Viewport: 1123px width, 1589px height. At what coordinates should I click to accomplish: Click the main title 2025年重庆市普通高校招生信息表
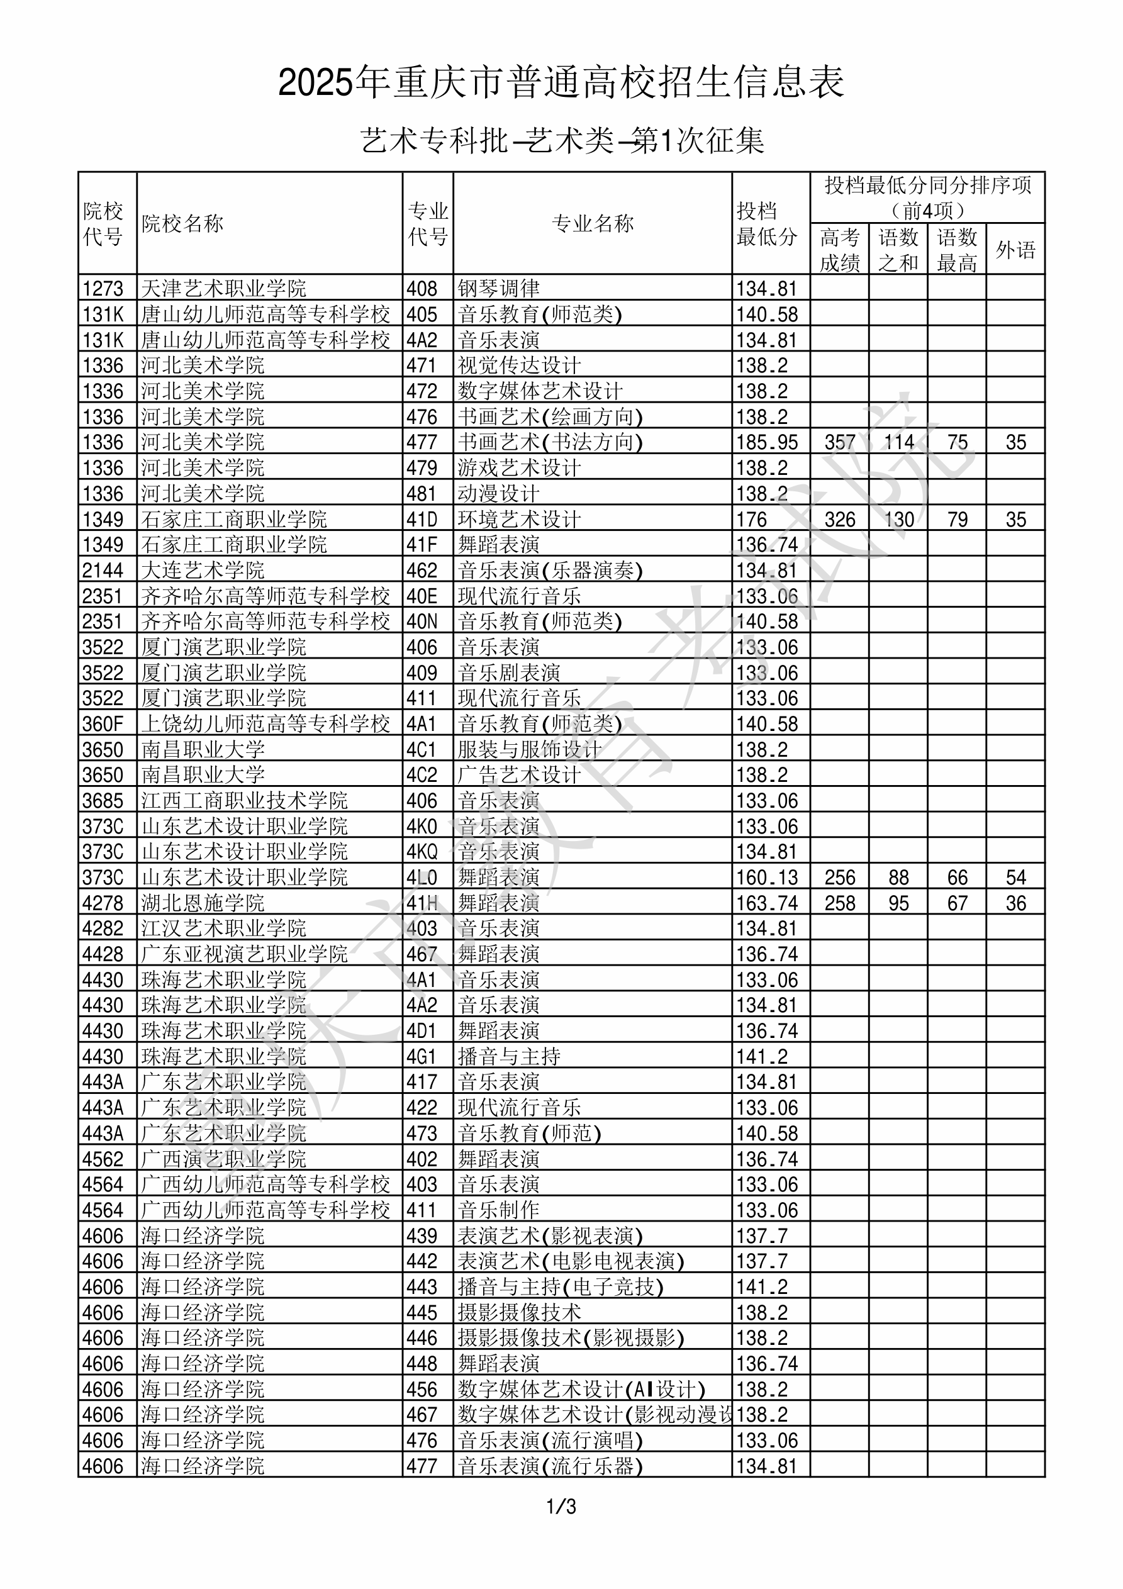[x=561, y=83]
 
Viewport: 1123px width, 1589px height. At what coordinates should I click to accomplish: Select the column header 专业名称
[x=593, y=223]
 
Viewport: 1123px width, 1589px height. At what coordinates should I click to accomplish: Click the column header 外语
[x=1015, y=249]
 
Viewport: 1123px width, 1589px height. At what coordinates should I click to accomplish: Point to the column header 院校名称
[x=183, y=223]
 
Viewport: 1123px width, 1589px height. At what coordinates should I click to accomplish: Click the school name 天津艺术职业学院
[x=223, y=289]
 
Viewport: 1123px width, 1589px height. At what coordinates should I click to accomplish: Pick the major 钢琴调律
[x=498, y=289]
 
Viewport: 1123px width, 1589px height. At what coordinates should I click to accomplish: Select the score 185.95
[x=766, y=442]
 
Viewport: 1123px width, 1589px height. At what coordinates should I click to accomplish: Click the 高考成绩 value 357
[x=840, y=442]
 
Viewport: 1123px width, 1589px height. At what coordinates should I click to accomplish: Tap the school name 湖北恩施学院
[x=203, y=903]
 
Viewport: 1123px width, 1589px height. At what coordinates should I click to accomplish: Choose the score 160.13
[x=766, y=878]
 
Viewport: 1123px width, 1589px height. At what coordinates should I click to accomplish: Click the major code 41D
[x=422, y=519]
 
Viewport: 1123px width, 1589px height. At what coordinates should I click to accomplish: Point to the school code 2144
[x=103, y=571]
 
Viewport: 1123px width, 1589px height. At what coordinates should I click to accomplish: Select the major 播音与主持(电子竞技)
[x=561, y=1287]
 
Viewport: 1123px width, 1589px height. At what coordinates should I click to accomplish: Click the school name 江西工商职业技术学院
[x=244, y=801]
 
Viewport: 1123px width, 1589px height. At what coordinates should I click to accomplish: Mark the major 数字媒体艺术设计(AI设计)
[x=581, y=1390]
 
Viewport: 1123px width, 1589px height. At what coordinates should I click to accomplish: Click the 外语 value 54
[x=1015, y=878]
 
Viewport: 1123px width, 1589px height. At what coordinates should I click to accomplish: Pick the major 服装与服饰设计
[x=530, y=749]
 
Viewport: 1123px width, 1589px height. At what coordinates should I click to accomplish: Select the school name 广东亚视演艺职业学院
[x=244, y=954]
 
